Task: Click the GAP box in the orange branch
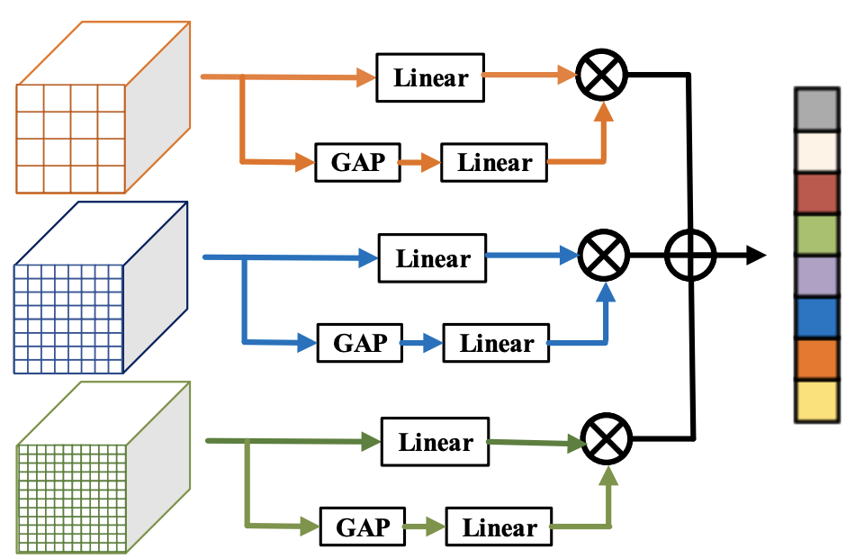pos(358,163)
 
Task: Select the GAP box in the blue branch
pos(360,343)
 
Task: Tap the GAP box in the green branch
pos(364,527)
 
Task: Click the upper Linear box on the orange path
pos(430,77)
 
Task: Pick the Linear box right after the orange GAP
pos(494,163)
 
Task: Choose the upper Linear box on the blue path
pos(433,259)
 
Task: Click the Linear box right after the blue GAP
pos(496,343)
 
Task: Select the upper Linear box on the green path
pos(436,442)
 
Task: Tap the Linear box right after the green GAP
pos(499,527)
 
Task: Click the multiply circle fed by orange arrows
pos(602,76)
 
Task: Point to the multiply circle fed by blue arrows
pos(604,256)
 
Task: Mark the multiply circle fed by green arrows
pos(607,440)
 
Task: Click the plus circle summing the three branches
pos(690,256)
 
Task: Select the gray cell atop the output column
pos(816,110)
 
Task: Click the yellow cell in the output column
pos(816,400)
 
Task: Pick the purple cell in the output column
pos(816,276)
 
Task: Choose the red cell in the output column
pos(816,193)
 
